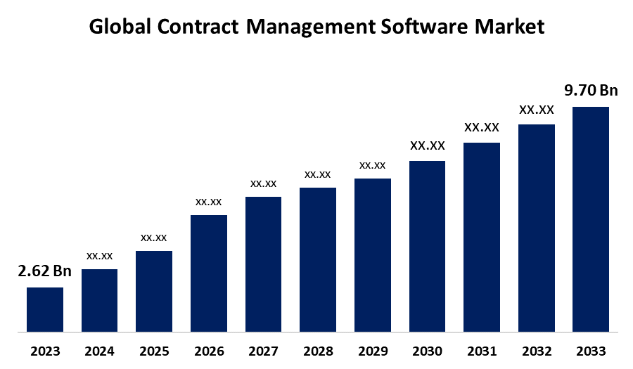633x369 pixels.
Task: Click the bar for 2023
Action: click(45, 309)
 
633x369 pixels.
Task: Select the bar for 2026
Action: click(209, 273)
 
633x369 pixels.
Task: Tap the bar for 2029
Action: click(373, 254)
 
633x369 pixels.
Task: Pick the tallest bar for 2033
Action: click(591, 219)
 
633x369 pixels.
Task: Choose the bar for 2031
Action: click(482, 237)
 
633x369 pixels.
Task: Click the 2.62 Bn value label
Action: click(45, 271)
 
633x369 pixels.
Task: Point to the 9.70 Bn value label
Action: click(591, 90)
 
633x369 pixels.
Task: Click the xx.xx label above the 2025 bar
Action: click(154, 237)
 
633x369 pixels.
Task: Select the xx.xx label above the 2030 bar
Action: click(427, 145)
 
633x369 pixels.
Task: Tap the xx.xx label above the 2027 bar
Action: click(263, 183)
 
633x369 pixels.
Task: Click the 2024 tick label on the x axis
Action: click(100, 351)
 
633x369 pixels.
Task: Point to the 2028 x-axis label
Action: click(318, 351)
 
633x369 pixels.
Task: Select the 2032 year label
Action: click(536, 351)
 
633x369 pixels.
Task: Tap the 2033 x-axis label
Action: click(591, 351)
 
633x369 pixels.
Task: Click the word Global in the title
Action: click(115, 27)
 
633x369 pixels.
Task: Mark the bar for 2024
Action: click(100, 300)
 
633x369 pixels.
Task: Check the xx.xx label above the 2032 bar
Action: click(536, 110)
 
